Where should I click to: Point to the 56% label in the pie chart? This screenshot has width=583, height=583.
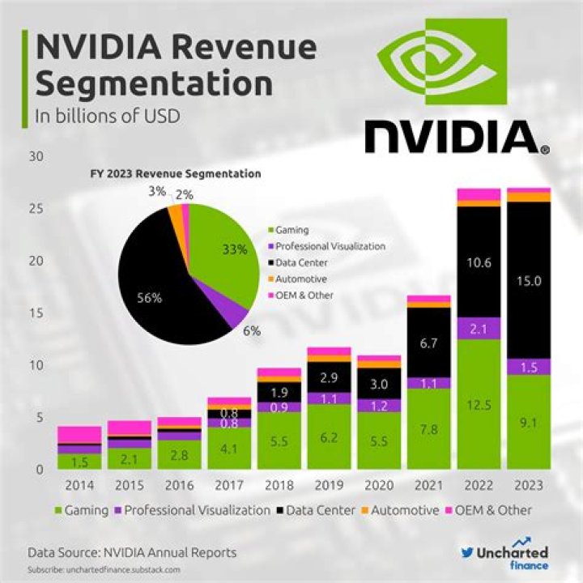point(150,297)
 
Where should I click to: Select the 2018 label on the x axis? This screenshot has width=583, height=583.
point(279,486)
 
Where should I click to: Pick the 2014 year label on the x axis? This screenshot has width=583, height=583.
point(79,486)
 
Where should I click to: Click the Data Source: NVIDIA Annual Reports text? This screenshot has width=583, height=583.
point(132,552)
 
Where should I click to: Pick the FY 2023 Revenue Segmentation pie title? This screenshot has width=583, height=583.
point(174,173)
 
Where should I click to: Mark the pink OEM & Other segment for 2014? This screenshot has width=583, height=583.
point(79,434)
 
